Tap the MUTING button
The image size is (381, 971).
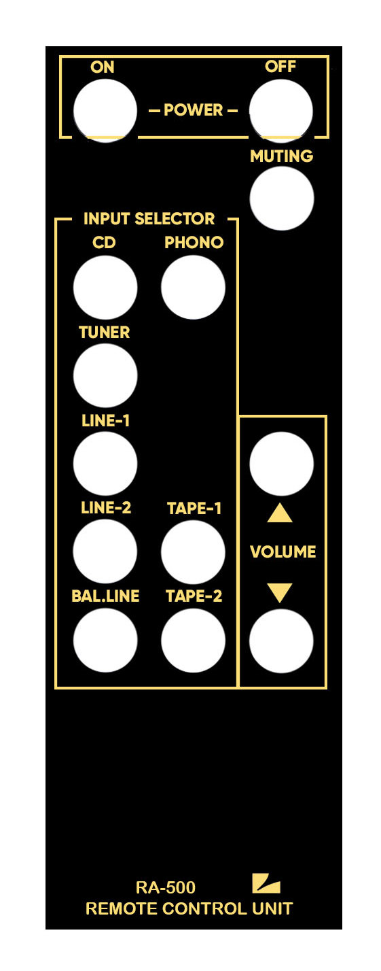click(281, 198)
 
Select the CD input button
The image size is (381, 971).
click(105, 287)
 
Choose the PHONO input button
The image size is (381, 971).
click(193, 287)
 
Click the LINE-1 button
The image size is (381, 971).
click(105, 463)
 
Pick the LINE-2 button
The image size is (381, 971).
click(105, 551)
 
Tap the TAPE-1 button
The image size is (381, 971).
click(193, 552)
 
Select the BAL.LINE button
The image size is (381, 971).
click(105, 641)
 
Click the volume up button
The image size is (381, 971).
click(281, 463)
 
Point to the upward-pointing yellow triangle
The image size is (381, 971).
click(280, 513)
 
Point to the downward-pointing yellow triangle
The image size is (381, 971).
click(280, 592)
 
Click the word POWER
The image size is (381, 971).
click(194, 109)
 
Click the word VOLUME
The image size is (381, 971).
click(283, 551)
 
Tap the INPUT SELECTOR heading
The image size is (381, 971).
click(149, 218)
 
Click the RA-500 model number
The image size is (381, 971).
click(166, 887)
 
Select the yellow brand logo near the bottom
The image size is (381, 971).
click(266, 883)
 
